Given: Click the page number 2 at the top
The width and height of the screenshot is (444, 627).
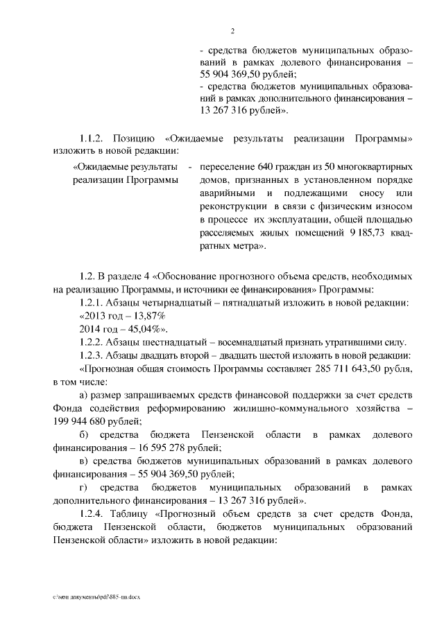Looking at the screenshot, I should point(233,31).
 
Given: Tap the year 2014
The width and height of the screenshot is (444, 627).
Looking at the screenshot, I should point(92,328).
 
